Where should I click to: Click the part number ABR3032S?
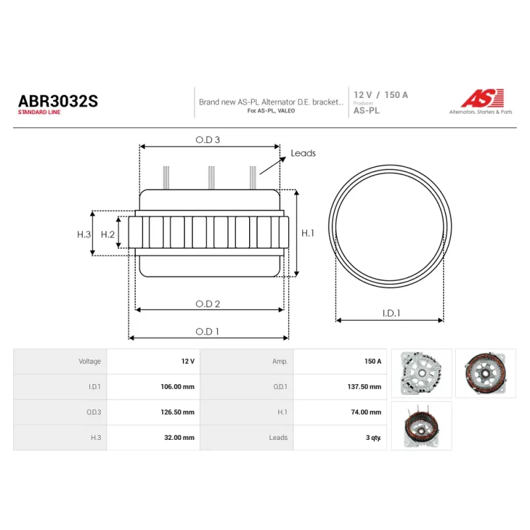point(58,101)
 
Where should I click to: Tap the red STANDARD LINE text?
point(39,112)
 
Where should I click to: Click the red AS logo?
point(483,98)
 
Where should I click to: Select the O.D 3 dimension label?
point(207,140)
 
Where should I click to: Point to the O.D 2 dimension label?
point(207,304)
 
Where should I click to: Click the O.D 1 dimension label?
point(207,332)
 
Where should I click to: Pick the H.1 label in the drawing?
point(307,233)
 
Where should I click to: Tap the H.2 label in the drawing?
point(107,235)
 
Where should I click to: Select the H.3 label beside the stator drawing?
point(84,235)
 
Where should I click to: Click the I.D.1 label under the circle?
point(391,313)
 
